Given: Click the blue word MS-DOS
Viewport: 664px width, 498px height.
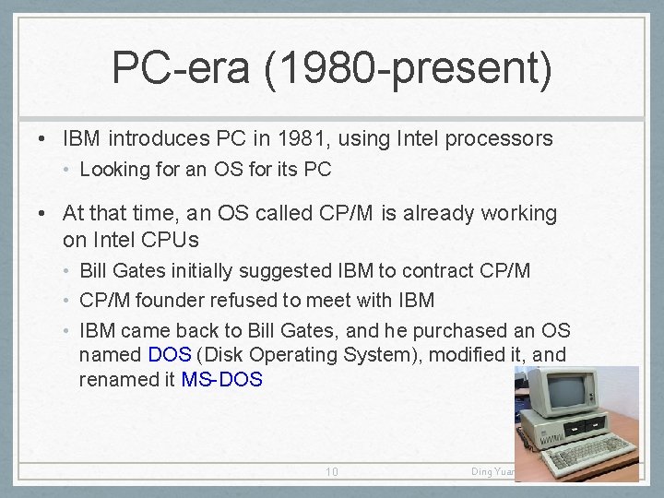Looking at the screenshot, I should pyautogui.click(x=222, y=380).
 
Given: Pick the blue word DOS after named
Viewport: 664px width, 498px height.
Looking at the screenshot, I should pyautogui.click(x=170, y=355).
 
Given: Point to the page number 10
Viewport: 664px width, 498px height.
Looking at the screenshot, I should pyautogui.click(x=332, y=472).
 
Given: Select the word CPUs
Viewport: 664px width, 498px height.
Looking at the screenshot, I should pyautogui.click(x=169, y=240).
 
